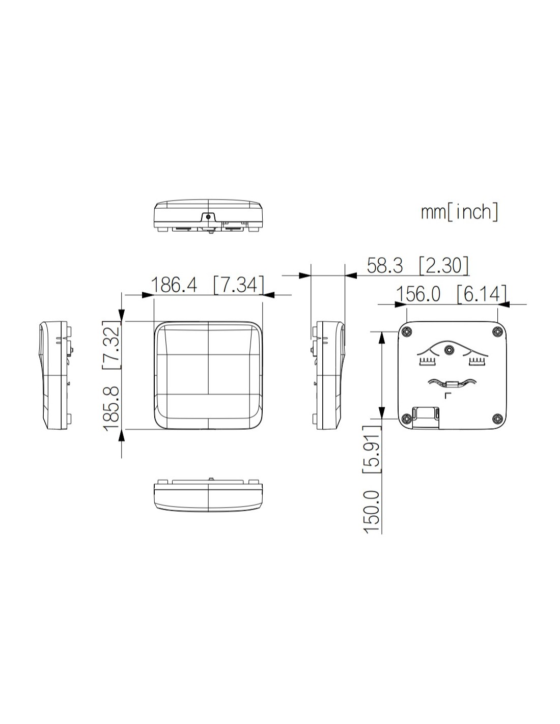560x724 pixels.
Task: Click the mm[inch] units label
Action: pyautogui.click(x=460, y=211)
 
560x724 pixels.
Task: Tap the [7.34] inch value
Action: pyautogui.click(x=239, y=285)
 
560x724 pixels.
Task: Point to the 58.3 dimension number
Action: pyautogui.click(x=385, y=266)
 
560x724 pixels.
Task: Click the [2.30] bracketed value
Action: pyautogui.click(x=443, y=266)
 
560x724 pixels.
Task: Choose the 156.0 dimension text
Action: pyautogui.click(x=418, y=294)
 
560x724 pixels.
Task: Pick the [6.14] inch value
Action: pyautogui.click(x=482, y=294)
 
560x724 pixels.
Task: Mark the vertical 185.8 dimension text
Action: pyautogui.click(x=111, y=409)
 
